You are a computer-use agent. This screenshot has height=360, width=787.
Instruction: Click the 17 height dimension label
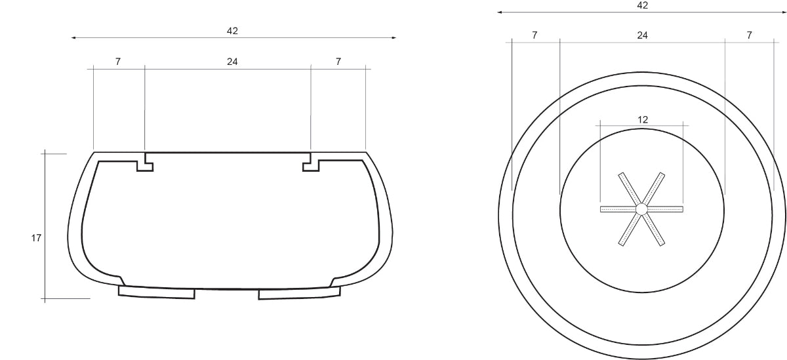click(36, 238)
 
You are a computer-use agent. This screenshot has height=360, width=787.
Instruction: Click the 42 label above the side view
click(232, 31)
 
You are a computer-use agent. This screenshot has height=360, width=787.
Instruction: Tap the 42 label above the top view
click(642, 5)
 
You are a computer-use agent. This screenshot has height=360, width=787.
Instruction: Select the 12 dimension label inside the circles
click(643, 120)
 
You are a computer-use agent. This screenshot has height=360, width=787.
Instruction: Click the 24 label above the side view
click(232, 62)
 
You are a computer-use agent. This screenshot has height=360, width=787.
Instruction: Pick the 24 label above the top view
click(642, 35)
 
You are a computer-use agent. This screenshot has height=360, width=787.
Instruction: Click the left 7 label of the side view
click(118, 62)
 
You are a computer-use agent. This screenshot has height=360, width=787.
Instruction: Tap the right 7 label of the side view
click(338, 62)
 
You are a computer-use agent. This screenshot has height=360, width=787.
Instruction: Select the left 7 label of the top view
click(535, 35)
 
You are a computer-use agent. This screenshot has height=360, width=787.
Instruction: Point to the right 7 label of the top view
click(749, 35)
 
